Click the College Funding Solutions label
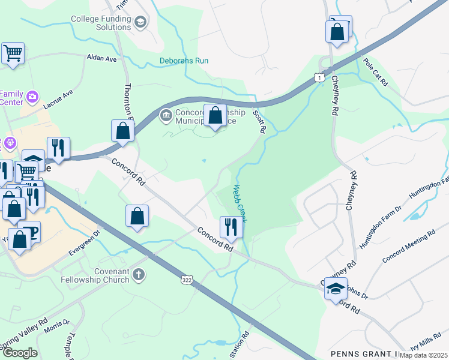tap(100, 23)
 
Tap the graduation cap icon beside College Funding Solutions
tap(140, 23)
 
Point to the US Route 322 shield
tap(187, 280)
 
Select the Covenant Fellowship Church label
tap(95, 275)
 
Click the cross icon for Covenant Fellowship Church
tap(139, 275)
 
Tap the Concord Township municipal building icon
tap(165, 115)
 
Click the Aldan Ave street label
tap(101, 59)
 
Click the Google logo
tap(20, 352)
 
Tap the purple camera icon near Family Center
tap(32, 97)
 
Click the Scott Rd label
tap(259, 121)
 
